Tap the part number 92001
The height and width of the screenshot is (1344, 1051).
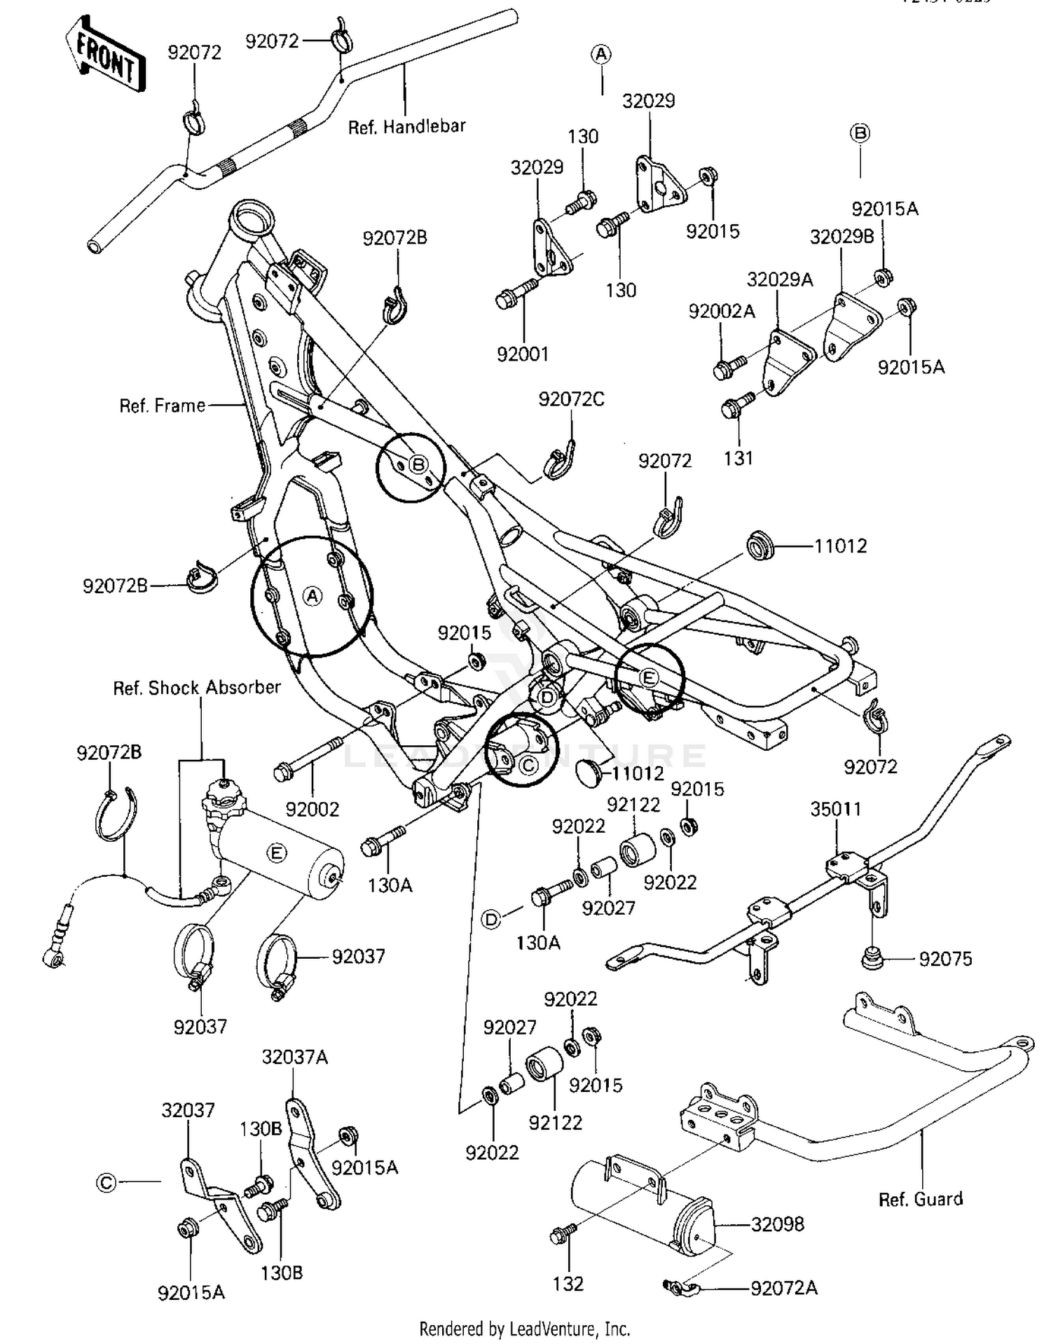point(522,354)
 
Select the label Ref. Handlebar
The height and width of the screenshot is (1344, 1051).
point(406,127)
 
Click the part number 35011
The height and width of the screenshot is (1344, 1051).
point(835,809)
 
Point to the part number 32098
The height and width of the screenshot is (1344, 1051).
point(777,1224)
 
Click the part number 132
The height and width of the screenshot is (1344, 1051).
point(568,1284)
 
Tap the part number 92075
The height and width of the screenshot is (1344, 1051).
point(945,959)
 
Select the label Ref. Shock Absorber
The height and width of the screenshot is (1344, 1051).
point(197,688)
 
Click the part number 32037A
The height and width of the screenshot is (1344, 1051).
point(294,1057)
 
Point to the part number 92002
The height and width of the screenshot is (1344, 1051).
point(312,809)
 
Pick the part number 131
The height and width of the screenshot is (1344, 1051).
point(738,458)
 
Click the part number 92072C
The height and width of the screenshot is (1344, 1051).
point(571,399)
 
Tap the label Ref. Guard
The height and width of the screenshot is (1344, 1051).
point(920,1199)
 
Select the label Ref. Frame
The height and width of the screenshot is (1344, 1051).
point(162,406)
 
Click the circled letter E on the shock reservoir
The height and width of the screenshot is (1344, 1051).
point(277,852)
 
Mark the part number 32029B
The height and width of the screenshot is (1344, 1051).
point(842,237)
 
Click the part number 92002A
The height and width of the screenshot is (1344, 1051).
point(721,312)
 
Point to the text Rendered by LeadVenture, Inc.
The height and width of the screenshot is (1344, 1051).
point(524,1329)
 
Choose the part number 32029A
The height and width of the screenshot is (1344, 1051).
point(779,279)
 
